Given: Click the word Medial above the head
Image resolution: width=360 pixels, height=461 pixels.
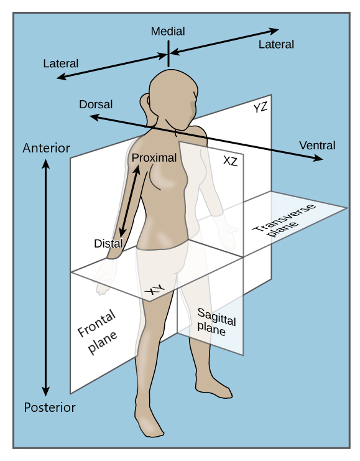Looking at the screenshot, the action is (x=168, y=32).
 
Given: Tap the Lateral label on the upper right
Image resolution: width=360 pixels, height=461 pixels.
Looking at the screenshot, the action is (x=276, y=44).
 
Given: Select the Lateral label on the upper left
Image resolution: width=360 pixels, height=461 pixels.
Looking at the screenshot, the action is (x=61, y=63).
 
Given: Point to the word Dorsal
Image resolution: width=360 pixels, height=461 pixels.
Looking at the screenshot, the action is (x=96, y=105).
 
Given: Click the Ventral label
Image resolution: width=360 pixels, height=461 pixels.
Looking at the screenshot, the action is (x=317, y=146).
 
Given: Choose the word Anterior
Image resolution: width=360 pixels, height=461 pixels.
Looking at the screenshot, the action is (x=47, y=148).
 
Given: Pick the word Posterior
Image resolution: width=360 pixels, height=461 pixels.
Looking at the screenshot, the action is (x=50, y=407).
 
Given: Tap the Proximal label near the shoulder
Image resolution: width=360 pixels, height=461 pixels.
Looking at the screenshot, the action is (x=154, y=158).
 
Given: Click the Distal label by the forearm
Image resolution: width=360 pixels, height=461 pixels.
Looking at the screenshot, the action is (x=108, y=243).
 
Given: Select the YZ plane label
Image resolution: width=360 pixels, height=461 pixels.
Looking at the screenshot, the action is (x=261, y=108).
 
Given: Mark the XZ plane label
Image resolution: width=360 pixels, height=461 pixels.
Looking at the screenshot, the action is (x=230, y=161).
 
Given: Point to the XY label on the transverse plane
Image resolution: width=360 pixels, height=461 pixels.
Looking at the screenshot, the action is (x=155, y=290).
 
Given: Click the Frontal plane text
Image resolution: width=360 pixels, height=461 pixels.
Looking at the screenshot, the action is (x=98, y=332).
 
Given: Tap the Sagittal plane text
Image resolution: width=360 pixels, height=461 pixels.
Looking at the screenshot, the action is (x=216, y=322).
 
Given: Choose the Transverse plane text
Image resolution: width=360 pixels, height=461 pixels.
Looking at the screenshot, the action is (x=284, y=220).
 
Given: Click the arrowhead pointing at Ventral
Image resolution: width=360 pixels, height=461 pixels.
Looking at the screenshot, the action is (x=318, y=158).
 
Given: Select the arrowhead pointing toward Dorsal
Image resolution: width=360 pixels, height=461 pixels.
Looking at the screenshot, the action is (x=95, y=118).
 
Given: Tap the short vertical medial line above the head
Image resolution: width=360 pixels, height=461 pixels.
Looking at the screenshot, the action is (x=168, y=54).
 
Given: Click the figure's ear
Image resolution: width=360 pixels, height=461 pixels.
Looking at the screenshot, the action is (x=194, y=103).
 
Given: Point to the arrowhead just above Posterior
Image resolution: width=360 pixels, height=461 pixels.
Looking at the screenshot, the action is (x=45, y=391).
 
